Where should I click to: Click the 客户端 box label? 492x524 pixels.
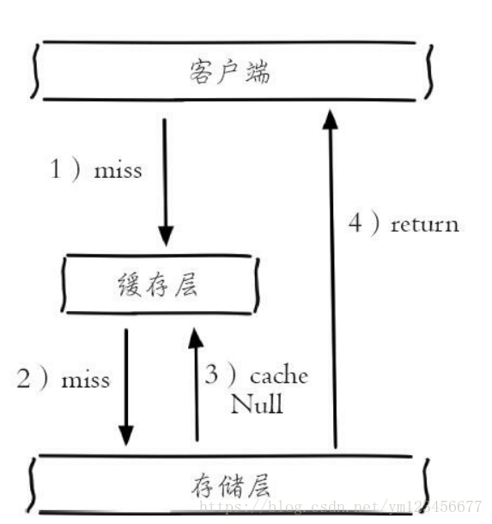[x=229, y=71]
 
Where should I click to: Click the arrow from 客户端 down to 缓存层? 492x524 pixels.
[x=166, y=180]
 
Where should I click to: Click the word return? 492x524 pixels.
[x=424, y=225]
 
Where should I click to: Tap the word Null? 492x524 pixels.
[x=256, y=404]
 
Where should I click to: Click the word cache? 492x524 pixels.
[x=278, y=376]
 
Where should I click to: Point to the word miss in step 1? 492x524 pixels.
[x=118, y=170]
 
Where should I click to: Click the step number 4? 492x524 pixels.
[x=355, y=224]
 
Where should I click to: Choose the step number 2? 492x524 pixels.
[x=24, y=379]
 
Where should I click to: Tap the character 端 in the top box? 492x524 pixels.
[x=256, y=71]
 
